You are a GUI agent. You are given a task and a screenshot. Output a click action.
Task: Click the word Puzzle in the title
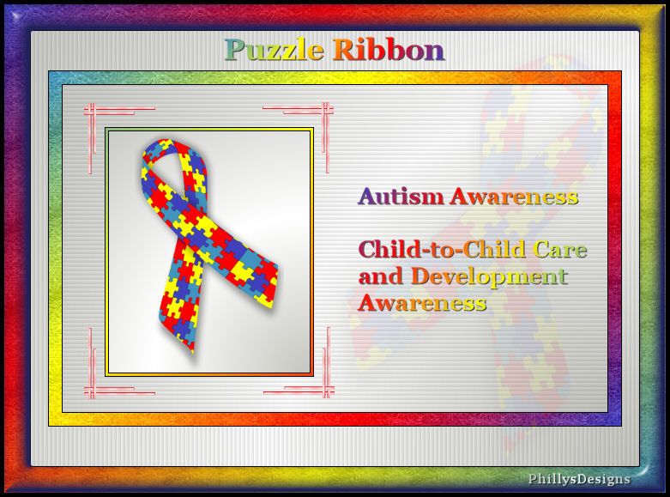pyautogui.click(x=274, y=51)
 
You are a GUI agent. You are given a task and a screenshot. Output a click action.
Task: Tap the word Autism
pyautogui.click(x=401, y=197)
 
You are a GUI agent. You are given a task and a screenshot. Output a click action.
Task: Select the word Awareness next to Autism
pyautogui.click(x=514, y=197)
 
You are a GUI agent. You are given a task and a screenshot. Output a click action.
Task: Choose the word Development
pyautogui.click(x=489, y=277)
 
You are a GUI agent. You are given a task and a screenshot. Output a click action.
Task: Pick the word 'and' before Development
pyautogui.click(x=381, y=276)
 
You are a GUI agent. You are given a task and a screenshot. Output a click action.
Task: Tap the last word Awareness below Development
pyautogui.click(x=422, y=303)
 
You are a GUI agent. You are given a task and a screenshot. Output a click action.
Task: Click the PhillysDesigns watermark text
pyautogui.click(x=579, y=479)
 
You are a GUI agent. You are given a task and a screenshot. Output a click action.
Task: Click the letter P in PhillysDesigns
pyautogui.click(x=533, y=479)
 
